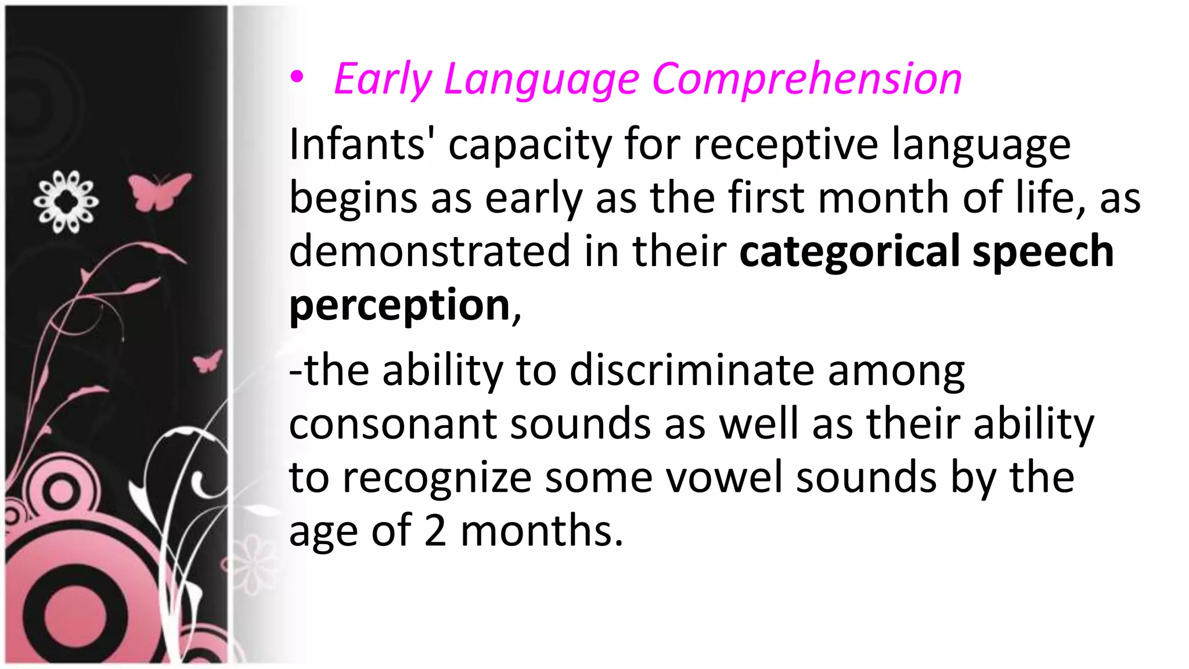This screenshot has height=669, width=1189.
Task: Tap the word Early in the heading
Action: (x=383, y=79)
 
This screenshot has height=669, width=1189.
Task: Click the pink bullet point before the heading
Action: (x=297, y=78)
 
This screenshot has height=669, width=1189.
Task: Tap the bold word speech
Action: (x=1043, y=251)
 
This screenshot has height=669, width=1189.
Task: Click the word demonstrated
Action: (x=430, y=251)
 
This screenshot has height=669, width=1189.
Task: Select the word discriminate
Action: (x=691, y=370)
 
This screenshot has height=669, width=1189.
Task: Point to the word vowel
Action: (x=723, y=477)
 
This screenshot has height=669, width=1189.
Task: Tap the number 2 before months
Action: (x=435, y=530)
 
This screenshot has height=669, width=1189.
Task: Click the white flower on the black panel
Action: (x=66, y=202)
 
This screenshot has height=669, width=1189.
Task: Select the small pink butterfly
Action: (x=208, y=361)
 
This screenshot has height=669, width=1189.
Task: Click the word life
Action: (x=1050, y=198)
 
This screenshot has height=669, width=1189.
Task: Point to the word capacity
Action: (x=529, y=145)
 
